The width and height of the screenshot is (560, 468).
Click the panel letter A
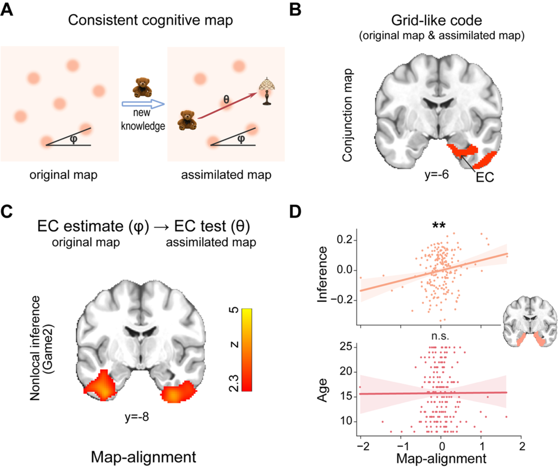7,10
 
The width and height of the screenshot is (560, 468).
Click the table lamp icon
267,91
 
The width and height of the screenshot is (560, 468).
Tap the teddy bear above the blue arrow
142,87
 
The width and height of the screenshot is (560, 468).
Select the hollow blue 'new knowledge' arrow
143,104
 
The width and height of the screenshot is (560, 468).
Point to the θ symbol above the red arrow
226,99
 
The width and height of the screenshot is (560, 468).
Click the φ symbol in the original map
74,139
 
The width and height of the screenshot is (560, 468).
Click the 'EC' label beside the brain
485,177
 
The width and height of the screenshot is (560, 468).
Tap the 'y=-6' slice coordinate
436,175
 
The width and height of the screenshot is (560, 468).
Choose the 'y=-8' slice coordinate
137,417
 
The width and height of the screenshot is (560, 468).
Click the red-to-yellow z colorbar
247,350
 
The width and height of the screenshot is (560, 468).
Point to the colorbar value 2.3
234,383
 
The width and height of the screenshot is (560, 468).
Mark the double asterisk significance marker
439,225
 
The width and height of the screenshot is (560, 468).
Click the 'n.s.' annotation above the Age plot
440,336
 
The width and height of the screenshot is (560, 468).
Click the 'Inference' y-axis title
322,275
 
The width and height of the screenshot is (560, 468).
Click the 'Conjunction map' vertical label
347,115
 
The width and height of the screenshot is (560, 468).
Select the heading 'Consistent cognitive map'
150,20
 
